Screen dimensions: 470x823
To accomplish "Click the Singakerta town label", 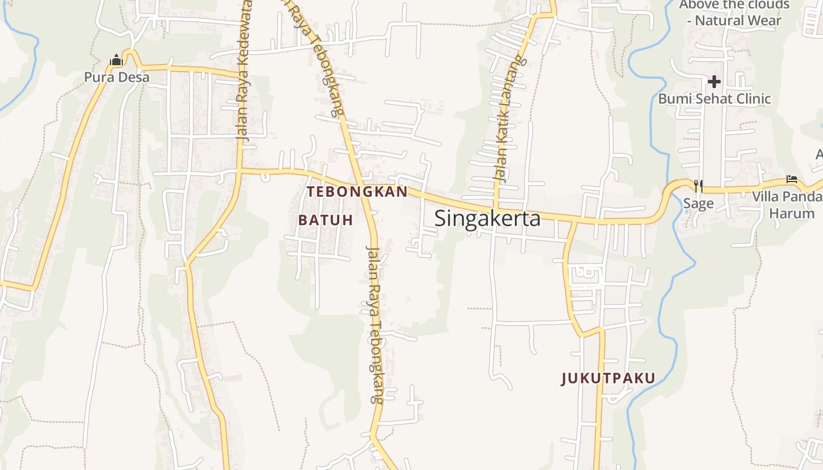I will (487, 218).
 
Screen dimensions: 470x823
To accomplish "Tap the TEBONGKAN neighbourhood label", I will (357, 192).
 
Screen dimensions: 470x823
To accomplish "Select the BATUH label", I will (326, 220).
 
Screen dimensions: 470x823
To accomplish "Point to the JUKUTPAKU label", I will (608, 378).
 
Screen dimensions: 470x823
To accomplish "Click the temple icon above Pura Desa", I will (116, 60).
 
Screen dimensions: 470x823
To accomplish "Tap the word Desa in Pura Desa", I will (133, 77).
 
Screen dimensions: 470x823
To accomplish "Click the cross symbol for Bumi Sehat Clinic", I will (714, 81).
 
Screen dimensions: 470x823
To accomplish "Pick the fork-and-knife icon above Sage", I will (698, 186).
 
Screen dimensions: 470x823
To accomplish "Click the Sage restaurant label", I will (698, 204).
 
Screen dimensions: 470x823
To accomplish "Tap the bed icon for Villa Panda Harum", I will (792, 179).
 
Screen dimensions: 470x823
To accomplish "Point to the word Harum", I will (792, 213).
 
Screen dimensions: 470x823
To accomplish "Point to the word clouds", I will (767, 5).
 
